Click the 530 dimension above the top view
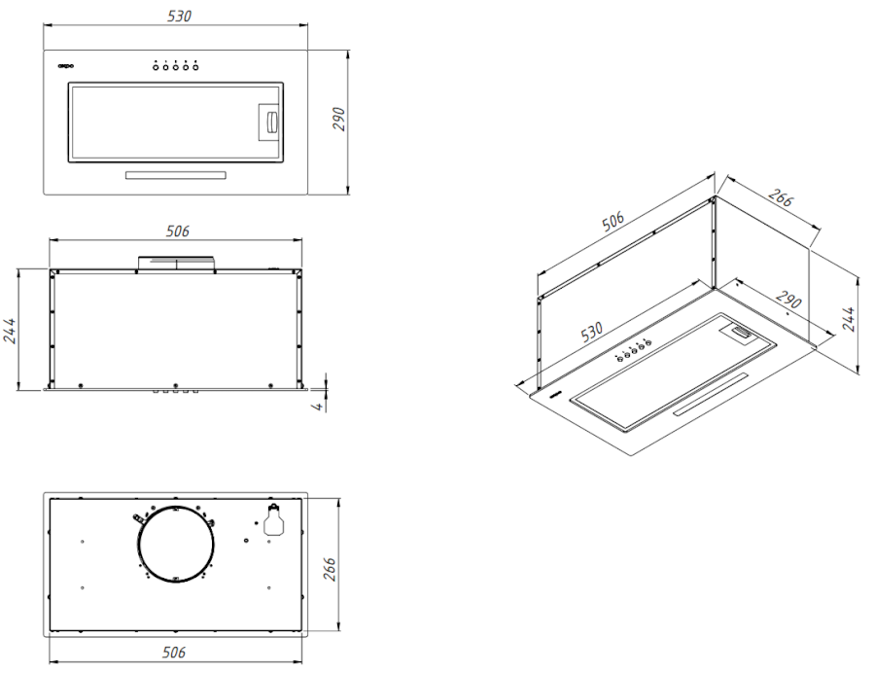[x=179, y=17]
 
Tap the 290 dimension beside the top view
[x=339, y=119]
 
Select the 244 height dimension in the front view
[x=10, y=331]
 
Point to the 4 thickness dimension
[x=318, y=407]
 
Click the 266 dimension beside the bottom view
[x=330, y=568]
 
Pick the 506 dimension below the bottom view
[x=174, y=653]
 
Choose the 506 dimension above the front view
[x=178, y=231]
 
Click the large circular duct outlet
[x=176, y=545]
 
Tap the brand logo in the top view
[x=66, y=66]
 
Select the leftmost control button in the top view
[x=157, y=67]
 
